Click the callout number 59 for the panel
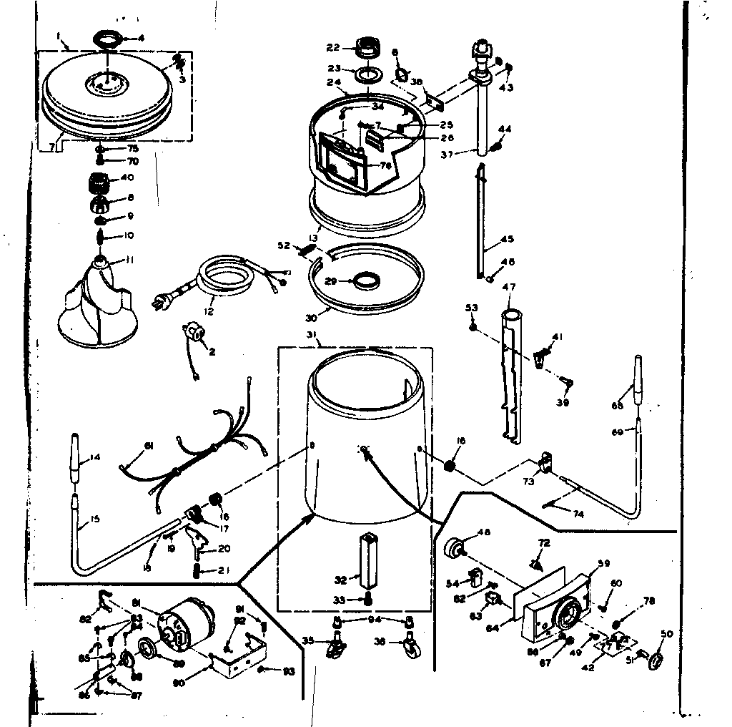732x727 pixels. (603, 564)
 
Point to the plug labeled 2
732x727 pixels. (194, 333)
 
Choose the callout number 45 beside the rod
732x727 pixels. (507, 239)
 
